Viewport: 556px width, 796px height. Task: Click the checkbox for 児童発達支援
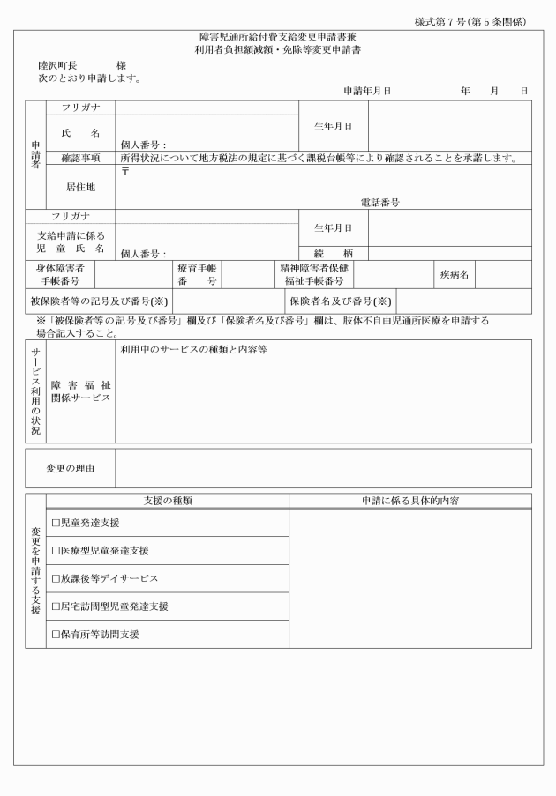pos(56,523)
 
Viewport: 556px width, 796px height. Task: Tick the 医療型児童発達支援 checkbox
pos(56,551)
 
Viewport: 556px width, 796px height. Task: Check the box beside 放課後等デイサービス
pos(56,579)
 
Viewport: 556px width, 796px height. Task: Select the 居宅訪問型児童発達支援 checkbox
pos(56,606)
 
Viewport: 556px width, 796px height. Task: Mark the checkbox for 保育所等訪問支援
pos(56,635)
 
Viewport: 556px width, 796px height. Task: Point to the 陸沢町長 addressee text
pos(58,66)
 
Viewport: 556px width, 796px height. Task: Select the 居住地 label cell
pos(80,187)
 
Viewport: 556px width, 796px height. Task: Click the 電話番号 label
pos(379,202)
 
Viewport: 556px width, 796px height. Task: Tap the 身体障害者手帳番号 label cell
pos(60,275)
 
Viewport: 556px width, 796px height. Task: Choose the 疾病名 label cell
pos(454,275)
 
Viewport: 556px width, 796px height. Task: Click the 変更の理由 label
pos(71,468)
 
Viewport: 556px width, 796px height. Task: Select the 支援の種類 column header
pos(168,501)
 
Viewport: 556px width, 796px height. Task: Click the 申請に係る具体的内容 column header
pos(409,501)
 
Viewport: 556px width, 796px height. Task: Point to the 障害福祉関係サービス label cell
pos(80,391)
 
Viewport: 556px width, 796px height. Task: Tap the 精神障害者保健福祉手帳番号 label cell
pos(313,275)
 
